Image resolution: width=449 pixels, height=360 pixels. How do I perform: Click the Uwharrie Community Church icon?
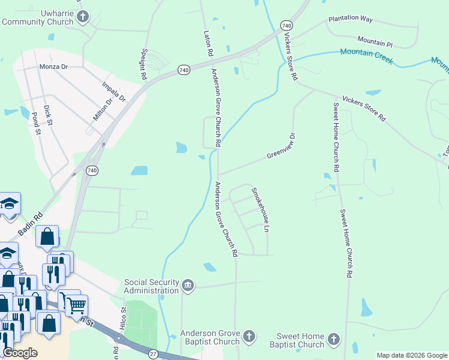pyautogui.click(x=83, y=16)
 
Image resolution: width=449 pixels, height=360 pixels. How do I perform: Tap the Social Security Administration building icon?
pyautogui.click(x=187, y=284)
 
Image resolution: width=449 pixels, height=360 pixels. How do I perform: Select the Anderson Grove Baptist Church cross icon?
pyautogui.click(x=249, y=336)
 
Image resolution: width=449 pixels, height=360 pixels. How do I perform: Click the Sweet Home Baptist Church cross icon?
pyautogui.click(x=334, y=340)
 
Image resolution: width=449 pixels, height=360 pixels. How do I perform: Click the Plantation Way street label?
pyautogui.click(x=351, y=19)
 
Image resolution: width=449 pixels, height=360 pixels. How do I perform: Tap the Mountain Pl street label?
pyautogui.click(x=375, y=43)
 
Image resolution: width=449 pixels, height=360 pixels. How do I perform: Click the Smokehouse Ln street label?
pyautogui.click(x=258, y=210)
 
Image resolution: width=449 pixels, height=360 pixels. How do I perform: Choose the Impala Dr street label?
pyautogui.click(x=113, y=91)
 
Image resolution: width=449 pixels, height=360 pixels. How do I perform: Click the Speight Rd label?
pyautogui.click(x=144, y=65)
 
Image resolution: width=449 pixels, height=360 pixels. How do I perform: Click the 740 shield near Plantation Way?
pyautogui.click(x=286, y=26)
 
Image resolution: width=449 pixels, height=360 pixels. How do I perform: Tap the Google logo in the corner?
pyautogui.click(x=20, y=353)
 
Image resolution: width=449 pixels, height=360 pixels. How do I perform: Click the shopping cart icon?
pyautogui.click(x=77, y=306)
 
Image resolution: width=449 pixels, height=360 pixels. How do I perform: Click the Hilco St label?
pyautogui.click(x=123, y=318)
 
